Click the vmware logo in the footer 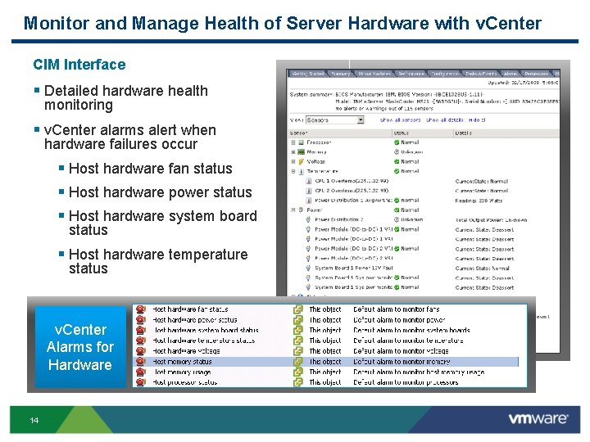pyautogui.click(x=538, y=418)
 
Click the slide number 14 pyautogui.click(x=34, y=420)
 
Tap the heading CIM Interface pyautogui.click(x=79, y=65)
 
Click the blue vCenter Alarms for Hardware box pyautogui.click(x=79, y=347)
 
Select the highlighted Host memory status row pyautogui.click(x=182, y=362)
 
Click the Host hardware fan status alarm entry pyautogui.click(x=190, y=309)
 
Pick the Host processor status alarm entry pyautogui.click(x=184, y=382)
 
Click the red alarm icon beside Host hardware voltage pyautogui.click(x=141, y=351)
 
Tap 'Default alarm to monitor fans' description pyautogui.click(x=396, y=309)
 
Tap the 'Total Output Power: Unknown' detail pyautogui.click(x=491, y=219)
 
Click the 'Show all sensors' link pyautogui.click(x=401, y=120)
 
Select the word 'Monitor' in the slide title pyautogui.click(x=57, y=23)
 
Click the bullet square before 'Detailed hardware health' pyautogui.click(x=37, y=91)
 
